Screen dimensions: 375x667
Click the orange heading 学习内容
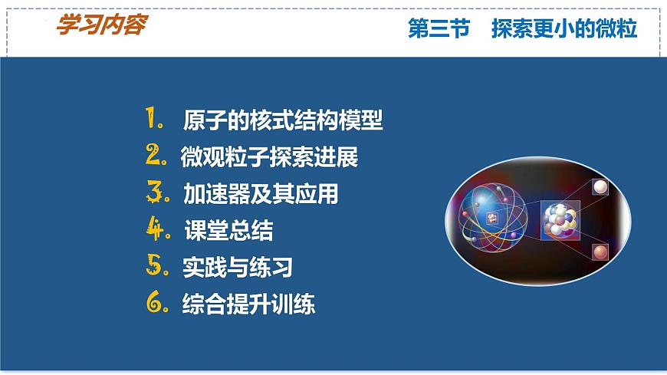coord(100,25)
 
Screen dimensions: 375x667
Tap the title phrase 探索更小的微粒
coord(564,29)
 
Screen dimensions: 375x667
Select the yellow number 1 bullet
coord(153,120)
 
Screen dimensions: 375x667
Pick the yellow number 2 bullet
coord(156,156)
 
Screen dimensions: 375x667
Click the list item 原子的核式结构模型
coord(283,121)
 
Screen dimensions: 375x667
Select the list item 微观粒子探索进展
coord(269,158)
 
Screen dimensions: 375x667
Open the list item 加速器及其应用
coord(261,194)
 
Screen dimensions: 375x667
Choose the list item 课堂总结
coord(228,231)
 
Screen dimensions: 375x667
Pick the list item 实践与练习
coord(238,268)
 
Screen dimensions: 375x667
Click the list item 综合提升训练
coord(248,304)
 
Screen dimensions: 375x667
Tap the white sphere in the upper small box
coord(600,187)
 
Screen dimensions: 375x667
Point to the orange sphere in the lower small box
coord(600,251)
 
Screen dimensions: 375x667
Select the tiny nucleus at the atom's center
coord(492,218)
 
